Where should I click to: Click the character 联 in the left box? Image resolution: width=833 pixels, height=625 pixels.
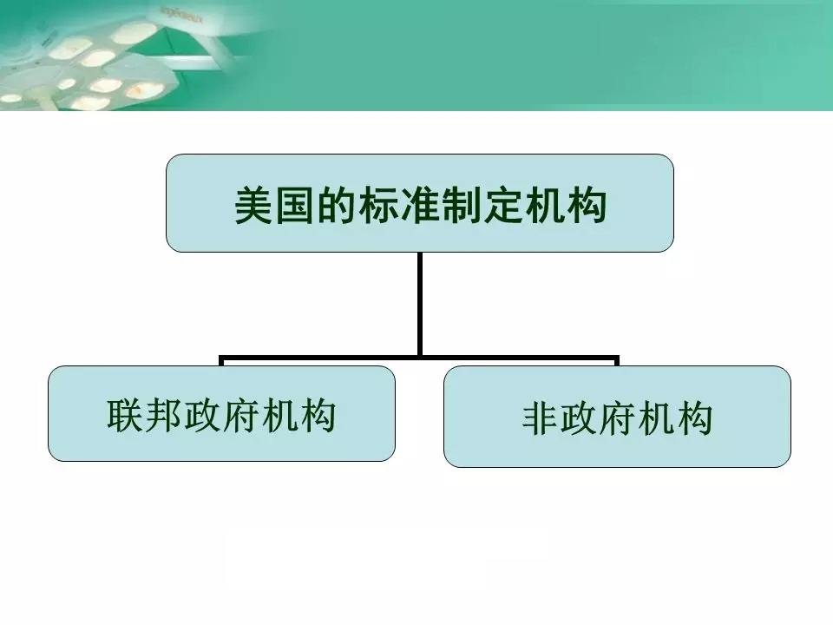click(x=125, y=415)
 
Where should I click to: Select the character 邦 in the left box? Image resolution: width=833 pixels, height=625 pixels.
click(x=164, y=415)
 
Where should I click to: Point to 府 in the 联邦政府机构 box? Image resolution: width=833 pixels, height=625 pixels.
click(x=240, y=415)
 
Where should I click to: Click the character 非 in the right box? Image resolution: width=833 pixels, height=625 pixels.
click(x=541, y=418)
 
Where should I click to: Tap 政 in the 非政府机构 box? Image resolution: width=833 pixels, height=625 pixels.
click(x=579, y=418)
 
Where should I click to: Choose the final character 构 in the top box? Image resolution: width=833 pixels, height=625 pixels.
click(x=587, y=205)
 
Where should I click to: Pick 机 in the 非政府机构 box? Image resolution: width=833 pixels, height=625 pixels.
click(x=656, y=418)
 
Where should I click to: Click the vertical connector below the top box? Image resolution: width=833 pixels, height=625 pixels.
click(x=420, y=305)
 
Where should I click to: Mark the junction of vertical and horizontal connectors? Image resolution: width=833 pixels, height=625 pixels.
click(x=420, y=358)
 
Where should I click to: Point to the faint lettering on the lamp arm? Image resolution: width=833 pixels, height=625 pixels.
click(x=181, y=16)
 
